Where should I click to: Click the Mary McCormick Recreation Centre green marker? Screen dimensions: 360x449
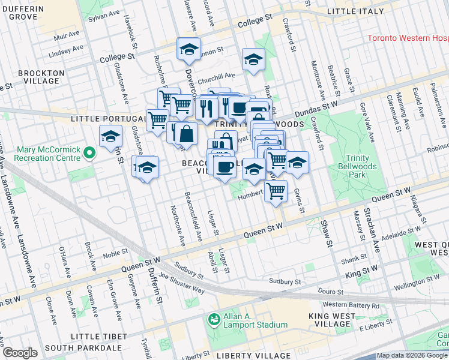89,153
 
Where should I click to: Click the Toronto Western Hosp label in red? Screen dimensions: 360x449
407,38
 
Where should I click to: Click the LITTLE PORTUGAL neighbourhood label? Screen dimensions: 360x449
103,119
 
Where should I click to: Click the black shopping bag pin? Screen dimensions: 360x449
187,134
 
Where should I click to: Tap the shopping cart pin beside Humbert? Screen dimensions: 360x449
276,191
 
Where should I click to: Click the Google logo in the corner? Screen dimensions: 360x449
20,353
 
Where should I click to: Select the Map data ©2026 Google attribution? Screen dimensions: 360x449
412,355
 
